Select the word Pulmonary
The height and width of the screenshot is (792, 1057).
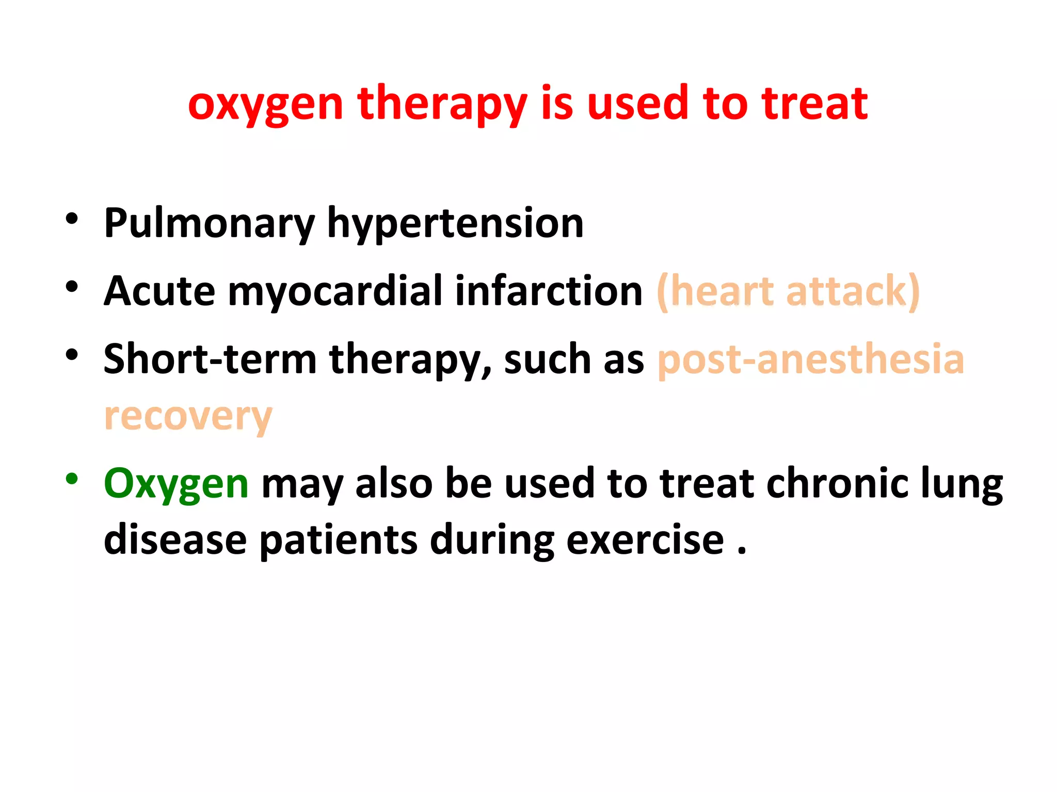(209, 223)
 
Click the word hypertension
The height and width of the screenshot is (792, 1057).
(455, 223)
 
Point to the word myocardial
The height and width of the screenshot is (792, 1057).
(334, 291)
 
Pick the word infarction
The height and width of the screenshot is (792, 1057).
(549, 291)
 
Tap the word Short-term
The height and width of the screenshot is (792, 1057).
(210, 359)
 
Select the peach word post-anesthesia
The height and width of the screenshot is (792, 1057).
(811, 359)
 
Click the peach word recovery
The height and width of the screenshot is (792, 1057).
(188, 417)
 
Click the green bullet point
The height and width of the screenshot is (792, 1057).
(72, 478)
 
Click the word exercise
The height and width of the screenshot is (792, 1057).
(645, 540)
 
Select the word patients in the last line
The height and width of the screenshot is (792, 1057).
(338, 540)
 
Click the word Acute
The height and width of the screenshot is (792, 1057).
(159, 291)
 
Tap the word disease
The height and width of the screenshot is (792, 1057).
(175, 539)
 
